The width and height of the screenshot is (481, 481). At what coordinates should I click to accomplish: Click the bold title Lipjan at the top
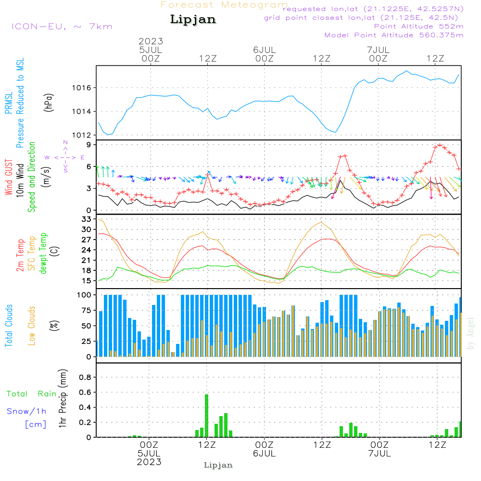[x=193, y=20]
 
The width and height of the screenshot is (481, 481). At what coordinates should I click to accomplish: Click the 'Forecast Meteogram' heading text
[x=224, y=5]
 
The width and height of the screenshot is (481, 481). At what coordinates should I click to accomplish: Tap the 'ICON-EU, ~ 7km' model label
[x=62, y=26]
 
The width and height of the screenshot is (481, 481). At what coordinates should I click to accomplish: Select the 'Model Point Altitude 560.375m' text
[x=394, y=35]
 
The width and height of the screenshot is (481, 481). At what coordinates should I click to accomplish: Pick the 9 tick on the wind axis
[x=89, y=145]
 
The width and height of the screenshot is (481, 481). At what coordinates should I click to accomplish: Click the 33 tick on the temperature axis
[x=87, y=219]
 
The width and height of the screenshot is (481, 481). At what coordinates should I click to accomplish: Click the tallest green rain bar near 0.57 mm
[x=207, y=416]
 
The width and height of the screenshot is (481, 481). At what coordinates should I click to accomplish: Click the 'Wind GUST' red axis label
[x=9, y=177]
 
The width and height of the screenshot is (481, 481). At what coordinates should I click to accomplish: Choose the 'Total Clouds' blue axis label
[x=9, y=326]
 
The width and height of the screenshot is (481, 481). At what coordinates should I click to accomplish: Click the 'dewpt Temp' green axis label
[x=43, y=253]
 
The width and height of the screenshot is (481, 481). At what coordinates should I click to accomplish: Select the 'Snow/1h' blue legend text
[x=26, y=411]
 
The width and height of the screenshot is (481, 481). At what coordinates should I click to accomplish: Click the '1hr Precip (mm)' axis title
[x=62, y=399]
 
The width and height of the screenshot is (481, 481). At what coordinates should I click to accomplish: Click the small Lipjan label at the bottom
[x=218, y=465]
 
